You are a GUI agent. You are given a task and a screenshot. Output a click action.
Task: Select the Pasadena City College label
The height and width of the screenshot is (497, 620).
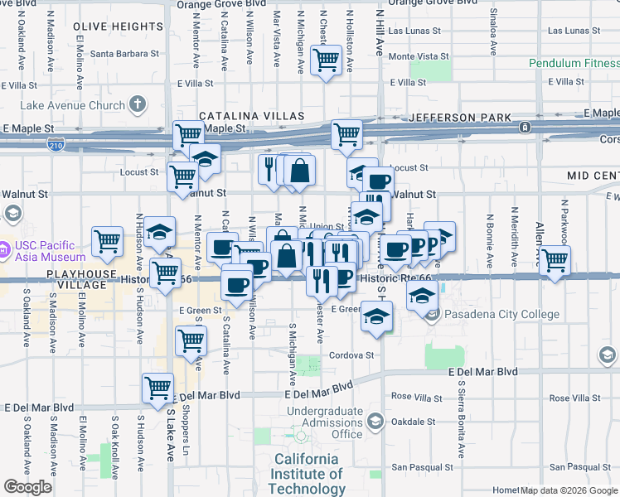pos(496,314)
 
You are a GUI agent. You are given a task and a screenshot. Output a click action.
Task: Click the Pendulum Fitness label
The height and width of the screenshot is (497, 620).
pos(574,63)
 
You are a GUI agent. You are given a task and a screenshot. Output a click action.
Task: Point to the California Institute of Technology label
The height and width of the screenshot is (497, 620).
pos(308,474)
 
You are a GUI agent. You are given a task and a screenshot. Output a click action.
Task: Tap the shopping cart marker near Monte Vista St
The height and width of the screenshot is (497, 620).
pos(326,58)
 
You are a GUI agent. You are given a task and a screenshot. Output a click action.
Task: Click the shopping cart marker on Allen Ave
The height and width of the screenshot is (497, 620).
pos(555,258)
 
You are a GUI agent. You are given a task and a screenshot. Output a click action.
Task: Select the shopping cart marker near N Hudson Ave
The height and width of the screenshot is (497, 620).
pos(108,241)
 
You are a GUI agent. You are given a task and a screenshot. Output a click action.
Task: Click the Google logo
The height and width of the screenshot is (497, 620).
pos(27,487)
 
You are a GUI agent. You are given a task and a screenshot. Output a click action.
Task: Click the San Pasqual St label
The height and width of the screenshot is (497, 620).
pos(419,467)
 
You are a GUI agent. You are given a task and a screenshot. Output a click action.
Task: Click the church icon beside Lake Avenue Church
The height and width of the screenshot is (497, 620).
pos(137,104)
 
